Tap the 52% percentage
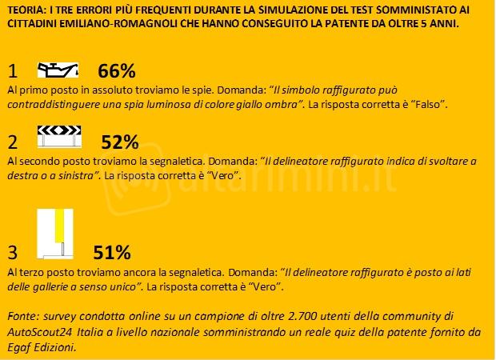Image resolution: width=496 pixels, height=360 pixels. coord(120,142)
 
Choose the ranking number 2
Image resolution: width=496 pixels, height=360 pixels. coord(12,143)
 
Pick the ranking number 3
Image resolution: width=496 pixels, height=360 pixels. coord(12,254)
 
